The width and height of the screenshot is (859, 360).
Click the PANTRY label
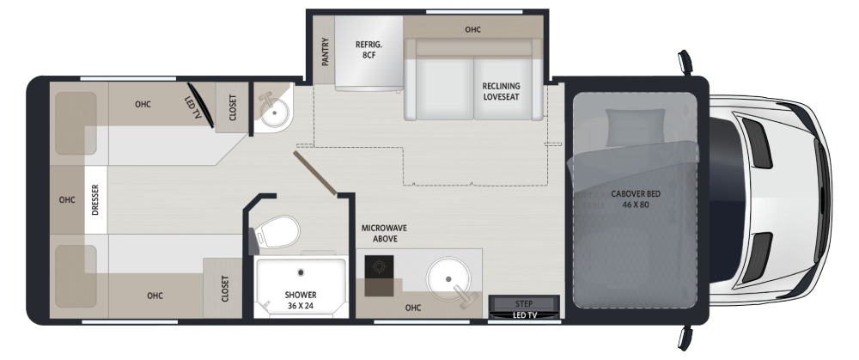pos(326,52)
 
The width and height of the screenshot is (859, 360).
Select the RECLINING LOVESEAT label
pos(502,92)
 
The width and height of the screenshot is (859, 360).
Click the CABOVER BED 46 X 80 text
pos(636,199)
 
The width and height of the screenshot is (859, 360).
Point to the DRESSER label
pos(95,199)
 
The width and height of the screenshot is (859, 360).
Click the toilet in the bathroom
pos(276,233)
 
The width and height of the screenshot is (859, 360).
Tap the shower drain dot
pos(301,272)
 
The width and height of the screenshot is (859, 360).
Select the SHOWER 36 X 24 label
pos(300,300)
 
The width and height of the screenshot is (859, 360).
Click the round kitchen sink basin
pos(448,279)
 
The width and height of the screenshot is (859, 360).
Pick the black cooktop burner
pos(379,267)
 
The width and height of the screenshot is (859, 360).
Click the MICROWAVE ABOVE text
pos(384,234)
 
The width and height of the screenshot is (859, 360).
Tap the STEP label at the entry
pos(524,303)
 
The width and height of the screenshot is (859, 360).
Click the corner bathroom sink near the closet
pos(273,111)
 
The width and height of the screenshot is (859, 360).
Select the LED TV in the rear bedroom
pos(200,105)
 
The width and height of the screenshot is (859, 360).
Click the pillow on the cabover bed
pos(635,127)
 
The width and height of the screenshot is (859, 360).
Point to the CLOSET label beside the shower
pos(224,288)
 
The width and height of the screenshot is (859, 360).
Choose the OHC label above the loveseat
pos(472,29)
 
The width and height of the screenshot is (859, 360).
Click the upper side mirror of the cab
pos(685,62)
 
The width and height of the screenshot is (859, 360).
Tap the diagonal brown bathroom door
pos(315,174)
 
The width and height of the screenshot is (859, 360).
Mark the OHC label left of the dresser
pos(67,200)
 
